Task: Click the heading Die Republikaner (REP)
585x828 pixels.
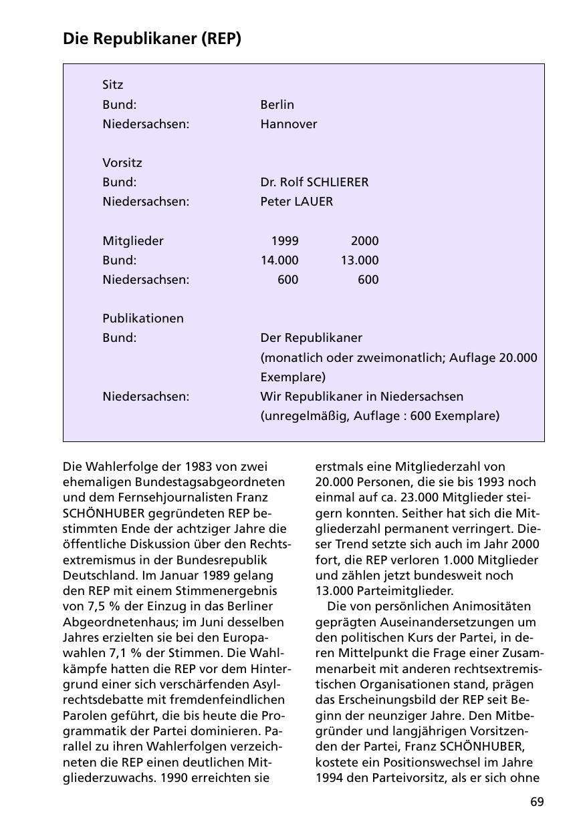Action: click(x=152, y=39)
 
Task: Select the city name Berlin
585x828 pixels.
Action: click(x=277, y=105)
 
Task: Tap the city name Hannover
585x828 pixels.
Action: click(x=289, y=124)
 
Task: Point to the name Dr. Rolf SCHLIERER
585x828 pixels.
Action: click(x=314, y=182)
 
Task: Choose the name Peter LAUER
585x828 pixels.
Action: click(x=296, y=202)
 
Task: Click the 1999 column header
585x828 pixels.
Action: click(x=285, y=241)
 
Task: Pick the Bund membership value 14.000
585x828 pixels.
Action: click(x=279, y=260)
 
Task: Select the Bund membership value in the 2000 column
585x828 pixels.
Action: click(x=359, y=260)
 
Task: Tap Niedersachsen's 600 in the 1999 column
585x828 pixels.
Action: click(x=288, y=280)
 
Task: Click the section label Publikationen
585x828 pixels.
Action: click(x=142, y=319)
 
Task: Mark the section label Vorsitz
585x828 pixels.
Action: click(x=122, y=163)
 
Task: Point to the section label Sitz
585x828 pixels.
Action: click(x=113, y=85)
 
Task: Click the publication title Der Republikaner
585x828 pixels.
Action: click(x=311, y=338)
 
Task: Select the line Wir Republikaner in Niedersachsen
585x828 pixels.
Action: click(x=362, y=397)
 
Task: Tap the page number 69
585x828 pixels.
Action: click(x=537, y=802)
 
